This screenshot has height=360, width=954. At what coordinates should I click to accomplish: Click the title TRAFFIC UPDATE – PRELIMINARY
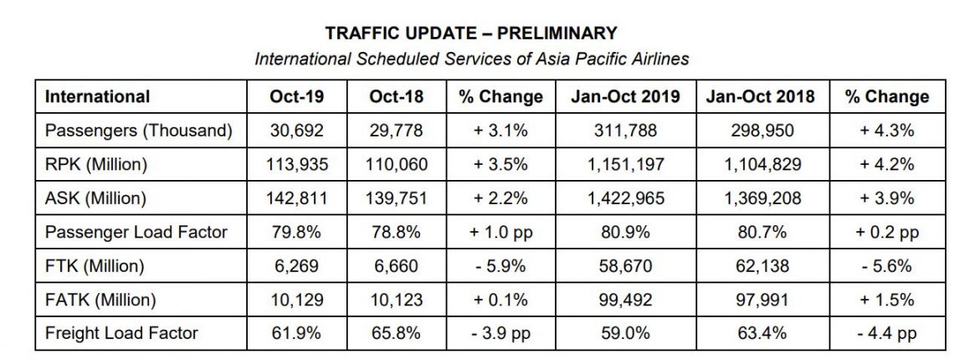coord(471,33)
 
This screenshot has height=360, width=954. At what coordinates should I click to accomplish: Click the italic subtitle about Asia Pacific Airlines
coord(471,59)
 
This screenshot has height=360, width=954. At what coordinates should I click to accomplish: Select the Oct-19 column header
coord(297,96)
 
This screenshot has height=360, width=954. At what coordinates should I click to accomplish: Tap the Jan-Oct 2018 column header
coord(760,96)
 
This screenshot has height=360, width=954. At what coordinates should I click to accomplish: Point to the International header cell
coord(97,96)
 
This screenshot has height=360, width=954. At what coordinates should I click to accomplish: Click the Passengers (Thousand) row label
coord(138,131)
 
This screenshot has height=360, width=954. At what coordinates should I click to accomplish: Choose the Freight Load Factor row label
coord(121,333)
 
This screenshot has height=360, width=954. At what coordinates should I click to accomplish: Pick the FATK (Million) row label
coord(100,300)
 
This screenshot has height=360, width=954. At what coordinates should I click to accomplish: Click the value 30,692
coord(297,131)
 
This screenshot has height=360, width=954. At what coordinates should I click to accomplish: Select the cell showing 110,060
coord(396,164)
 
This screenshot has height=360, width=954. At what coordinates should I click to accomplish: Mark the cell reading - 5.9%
coord(500,266)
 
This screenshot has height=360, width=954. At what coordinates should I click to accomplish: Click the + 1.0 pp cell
coord(500,233)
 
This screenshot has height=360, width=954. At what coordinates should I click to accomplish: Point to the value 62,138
coord(760,266)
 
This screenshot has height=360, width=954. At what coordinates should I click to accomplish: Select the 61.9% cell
coord(297,333)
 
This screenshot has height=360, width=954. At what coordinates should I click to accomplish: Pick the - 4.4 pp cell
coord(887,333)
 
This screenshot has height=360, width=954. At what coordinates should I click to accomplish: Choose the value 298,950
coord(760,131)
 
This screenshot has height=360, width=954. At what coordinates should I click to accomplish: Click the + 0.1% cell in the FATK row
coord(500,300)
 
